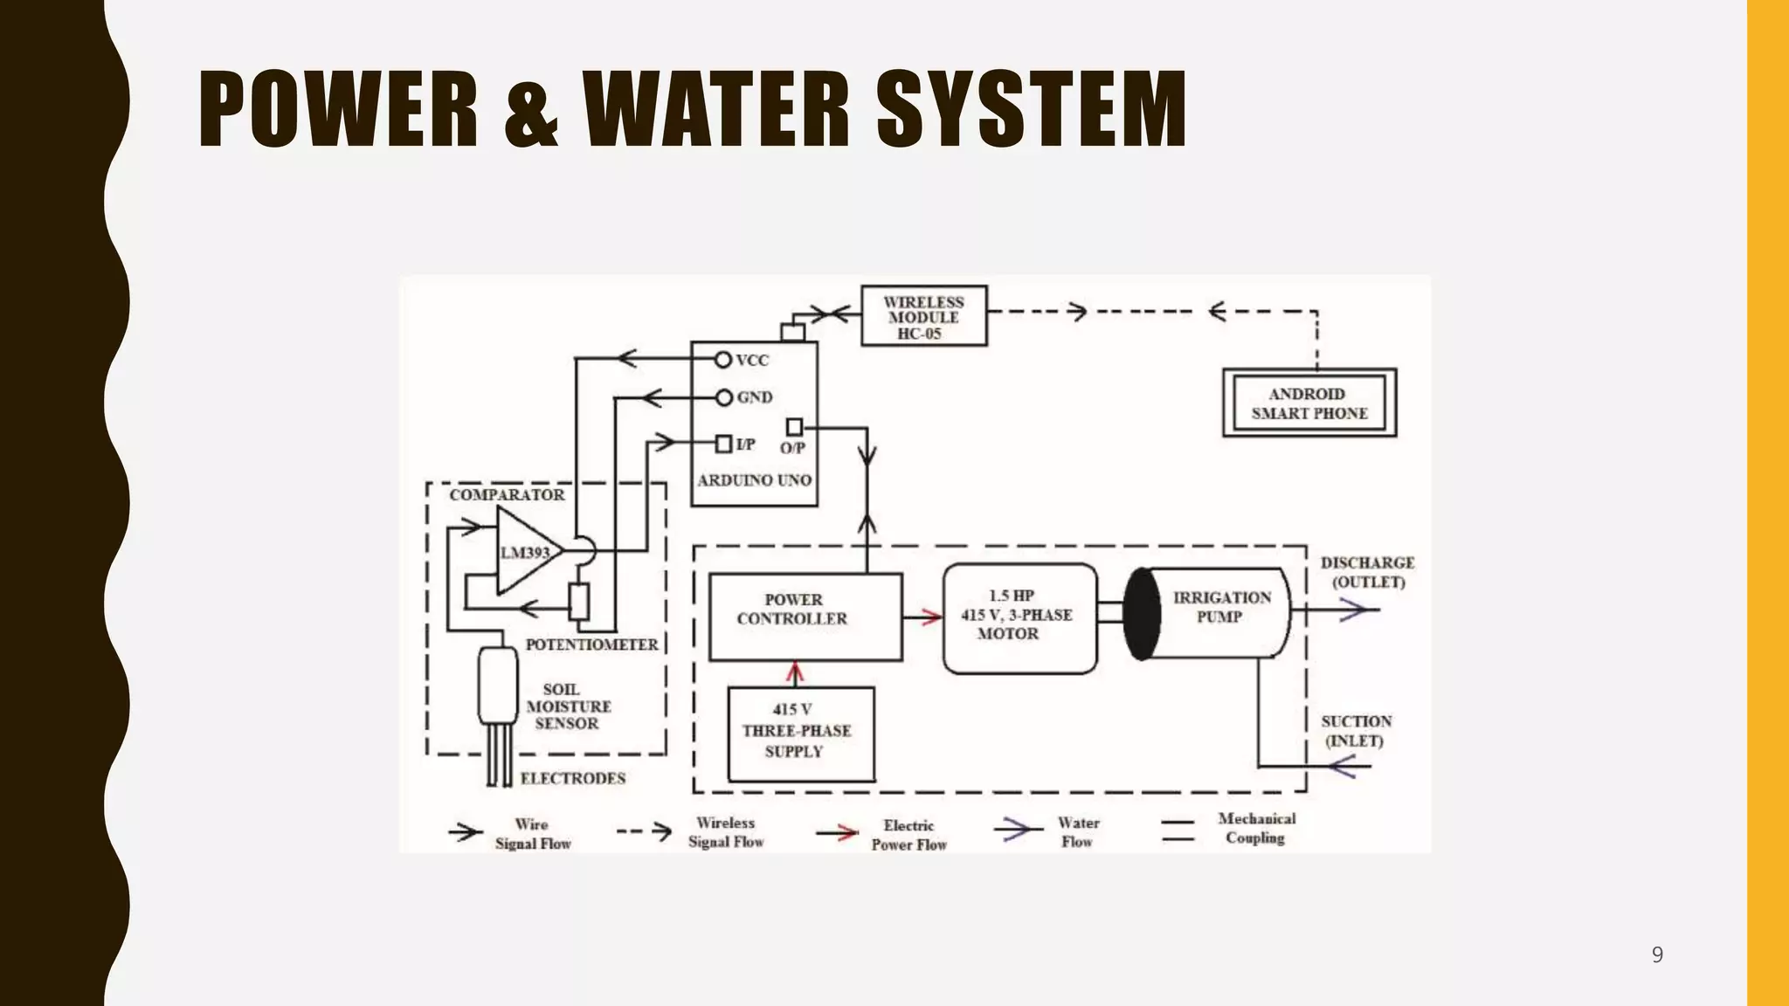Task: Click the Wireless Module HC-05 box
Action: [x=923, y=316]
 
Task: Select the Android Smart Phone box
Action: [x=1309, y=403]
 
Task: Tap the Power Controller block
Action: [x=805, y=617]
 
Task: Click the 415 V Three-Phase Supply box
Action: [x=800, y=734]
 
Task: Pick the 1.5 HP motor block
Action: [x=1019, y=618]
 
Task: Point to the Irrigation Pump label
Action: [x=1221, y=607]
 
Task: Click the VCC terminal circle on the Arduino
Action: [x=722, y=360]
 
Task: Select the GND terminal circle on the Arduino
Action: [x=723, y=398]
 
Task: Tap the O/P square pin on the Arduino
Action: [x=794, y=427]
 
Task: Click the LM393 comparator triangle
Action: [x=526, y=552]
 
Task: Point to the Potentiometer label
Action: [x=591, y=644]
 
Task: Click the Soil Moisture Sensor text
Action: [x=569, y=706]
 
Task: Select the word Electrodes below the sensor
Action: [x=573, y=778]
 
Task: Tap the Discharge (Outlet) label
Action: [x=1367, y=573]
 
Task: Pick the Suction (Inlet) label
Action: [x=1356, y=731]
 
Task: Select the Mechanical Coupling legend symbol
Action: [x=1178, y=830]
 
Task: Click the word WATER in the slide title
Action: [x=716, y=109]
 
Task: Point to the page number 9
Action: [x=1657, y=954]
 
